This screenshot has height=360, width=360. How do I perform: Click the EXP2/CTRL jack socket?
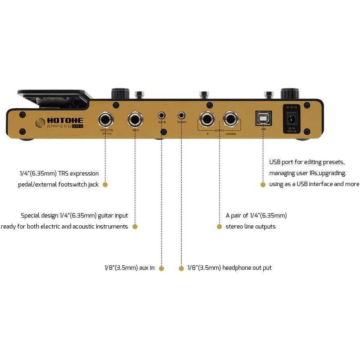pyautogui.click(x=105, y=120)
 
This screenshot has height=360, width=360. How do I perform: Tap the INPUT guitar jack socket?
pyautogui.click(x=135, y=120)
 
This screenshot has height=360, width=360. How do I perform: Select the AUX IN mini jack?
pyautogui.click(x=162, y=116)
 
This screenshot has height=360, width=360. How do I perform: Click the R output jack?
pyautogui.click(x=207, y=120)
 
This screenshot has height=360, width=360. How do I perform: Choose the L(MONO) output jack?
pyautogui.click(x=231, y=120)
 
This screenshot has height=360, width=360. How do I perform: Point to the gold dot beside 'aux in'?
pyautogui.click(x=161, y=268)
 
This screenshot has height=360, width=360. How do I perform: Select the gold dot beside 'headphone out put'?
pyautogui.click(x=181, y=268)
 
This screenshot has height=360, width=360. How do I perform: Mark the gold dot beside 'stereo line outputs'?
pyautogui.click(x=219, y=227)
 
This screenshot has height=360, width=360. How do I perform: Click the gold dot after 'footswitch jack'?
pyautogui.click(x=105, y=184)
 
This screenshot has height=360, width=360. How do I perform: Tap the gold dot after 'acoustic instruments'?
pyautogui.click(x=135, y=227)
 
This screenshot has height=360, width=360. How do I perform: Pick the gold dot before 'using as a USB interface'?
pyautogui.click(x=263, y=184)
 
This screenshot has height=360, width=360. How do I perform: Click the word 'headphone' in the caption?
pyautogui.click(x=238, y=268)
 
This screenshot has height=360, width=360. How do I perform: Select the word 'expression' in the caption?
pyautogui.click(x=84, y=173)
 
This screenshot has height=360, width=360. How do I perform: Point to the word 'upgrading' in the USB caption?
pyautogui.click(x=332, y=173)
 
